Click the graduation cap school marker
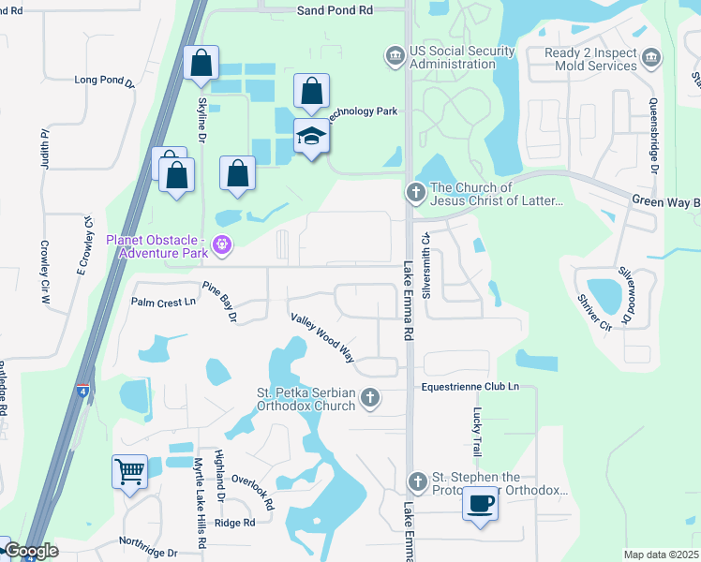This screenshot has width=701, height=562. pos(311,137)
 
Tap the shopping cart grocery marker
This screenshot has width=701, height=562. pos(128,470)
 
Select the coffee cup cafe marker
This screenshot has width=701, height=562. pos(480,505)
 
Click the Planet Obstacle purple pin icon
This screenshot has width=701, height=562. pos(222,246)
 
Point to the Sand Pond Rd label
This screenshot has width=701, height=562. pos(335,10)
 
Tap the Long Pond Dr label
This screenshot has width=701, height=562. pos(105,81)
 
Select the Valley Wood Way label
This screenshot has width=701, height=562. pos(322,337)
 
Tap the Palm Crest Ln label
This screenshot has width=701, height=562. pos(164,302)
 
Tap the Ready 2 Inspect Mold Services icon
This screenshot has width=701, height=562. pos(652,60)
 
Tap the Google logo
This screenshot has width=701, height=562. pos(31,551)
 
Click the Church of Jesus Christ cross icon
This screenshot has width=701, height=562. pos(416,194)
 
